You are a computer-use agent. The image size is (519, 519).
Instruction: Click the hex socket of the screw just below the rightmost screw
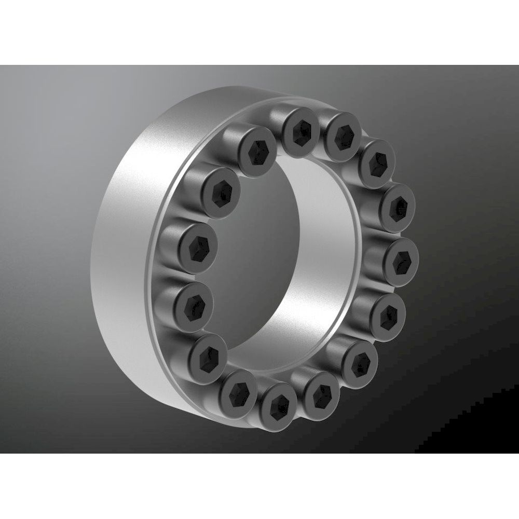pyautogui.click(x=388, y=313)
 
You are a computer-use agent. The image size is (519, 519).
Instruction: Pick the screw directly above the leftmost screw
pyautogui.click(x=197, y=243)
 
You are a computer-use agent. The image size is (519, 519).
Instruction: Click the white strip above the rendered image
pyautogui.click(x=259, y=31)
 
